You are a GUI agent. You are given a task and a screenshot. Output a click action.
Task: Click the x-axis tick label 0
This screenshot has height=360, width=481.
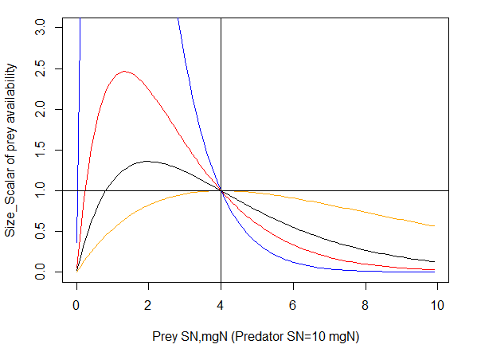pos(76,303)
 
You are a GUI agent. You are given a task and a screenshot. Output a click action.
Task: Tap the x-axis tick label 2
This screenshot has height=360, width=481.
pos(148,303)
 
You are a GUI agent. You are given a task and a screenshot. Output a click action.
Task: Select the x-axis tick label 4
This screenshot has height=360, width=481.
pos(221,303)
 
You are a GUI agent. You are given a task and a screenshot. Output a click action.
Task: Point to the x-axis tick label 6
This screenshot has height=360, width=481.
pos(293,303)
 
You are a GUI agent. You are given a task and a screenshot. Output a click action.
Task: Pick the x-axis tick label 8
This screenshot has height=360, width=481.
pos(365,303)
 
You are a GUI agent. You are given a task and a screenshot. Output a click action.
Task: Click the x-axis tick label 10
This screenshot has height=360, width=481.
pos(437,303)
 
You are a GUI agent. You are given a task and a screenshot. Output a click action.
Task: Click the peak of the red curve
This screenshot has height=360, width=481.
pos(124,72)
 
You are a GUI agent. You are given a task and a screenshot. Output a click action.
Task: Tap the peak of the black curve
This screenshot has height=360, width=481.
pos(148,162)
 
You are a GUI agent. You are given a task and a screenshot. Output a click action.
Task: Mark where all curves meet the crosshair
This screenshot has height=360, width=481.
pos(221,191)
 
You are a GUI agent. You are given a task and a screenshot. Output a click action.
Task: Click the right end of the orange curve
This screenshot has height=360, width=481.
pos(434,226)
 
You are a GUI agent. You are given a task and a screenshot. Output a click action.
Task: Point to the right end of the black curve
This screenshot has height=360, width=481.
pos(434,261)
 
